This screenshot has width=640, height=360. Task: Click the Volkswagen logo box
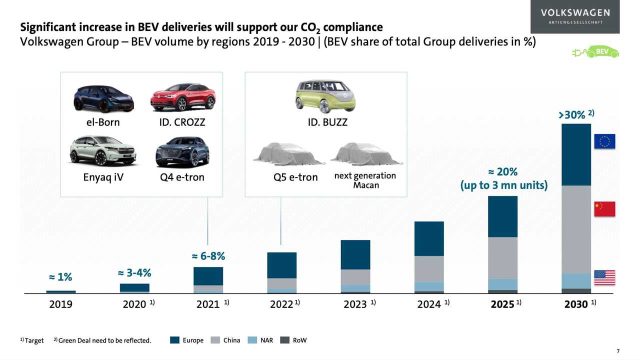click(575, 16)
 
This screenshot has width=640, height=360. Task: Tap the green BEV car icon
click(595, 51)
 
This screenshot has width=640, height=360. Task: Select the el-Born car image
click(103, 98)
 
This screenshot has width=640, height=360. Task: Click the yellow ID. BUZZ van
click(325, 95)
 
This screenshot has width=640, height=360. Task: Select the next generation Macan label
click(365, 180)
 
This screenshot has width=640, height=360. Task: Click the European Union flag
click(604, 141)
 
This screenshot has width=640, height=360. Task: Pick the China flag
click(604, 209)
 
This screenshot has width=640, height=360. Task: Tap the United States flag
click(604, 277)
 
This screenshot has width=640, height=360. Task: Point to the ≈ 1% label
click(60, 276)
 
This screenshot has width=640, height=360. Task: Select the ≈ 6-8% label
click(208, 256)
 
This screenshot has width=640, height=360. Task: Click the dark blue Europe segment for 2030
click(576, 154)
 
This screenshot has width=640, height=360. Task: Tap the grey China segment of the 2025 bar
click(502, 257)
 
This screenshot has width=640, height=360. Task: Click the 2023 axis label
click(355, 304)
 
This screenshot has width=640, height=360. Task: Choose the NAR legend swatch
click(252, 340)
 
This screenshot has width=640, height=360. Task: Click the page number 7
click(618, 350)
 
